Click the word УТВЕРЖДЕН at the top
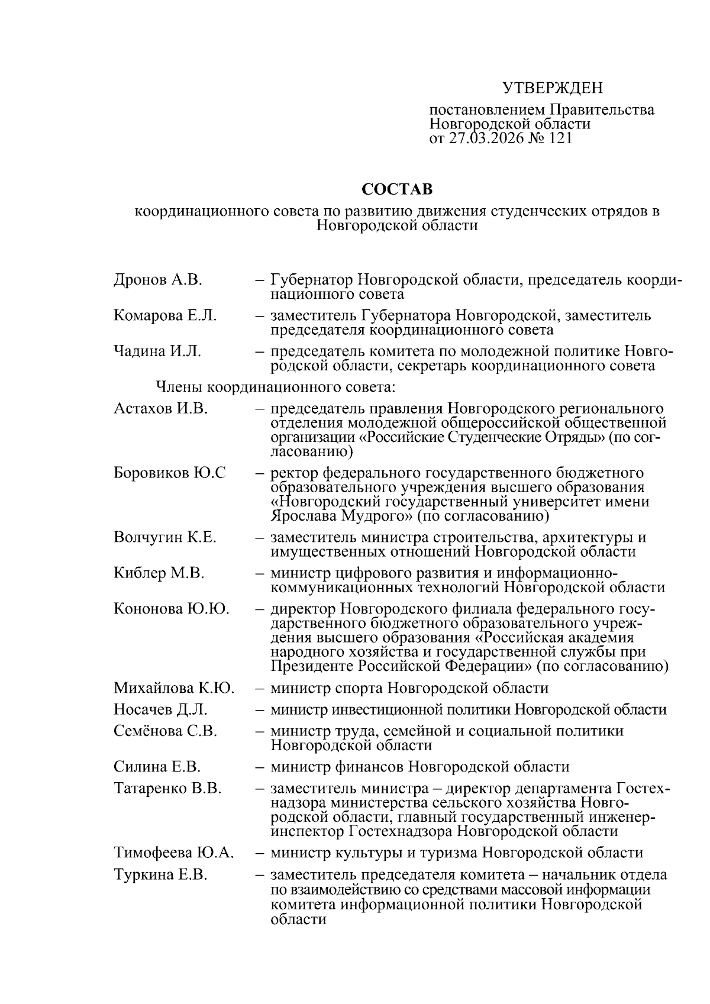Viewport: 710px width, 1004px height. (x=552, y=89)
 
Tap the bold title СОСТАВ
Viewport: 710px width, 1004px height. (x=397, y=189)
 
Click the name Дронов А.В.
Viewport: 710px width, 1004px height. (x=158, y=280)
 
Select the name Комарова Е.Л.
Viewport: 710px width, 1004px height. (x=165, y=316)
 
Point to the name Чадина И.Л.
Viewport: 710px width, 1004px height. (x=157, y=351)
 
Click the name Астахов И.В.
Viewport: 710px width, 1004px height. (x=160, y=409)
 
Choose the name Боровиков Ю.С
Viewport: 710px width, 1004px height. (x=170, y=473)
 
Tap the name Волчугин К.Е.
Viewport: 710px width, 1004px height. (x=165, y=538)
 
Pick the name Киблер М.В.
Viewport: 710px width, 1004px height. (x=159, y=573)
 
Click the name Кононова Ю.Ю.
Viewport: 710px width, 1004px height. (x=172, y=609)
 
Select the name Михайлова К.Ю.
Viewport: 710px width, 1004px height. (x=174, y=688)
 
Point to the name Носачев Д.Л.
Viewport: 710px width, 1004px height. (x=160, y=709)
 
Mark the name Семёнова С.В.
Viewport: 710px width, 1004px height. (x=166, y=731)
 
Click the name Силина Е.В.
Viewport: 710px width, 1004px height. (x=157, y=767)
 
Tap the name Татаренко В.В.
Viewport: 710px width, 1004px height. (x=167, y=789)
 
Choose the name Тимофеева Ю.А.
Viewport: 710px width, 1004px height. (x=174, y=853)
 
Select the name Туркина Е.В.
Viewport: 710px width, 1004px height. (x=160, y=875)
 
